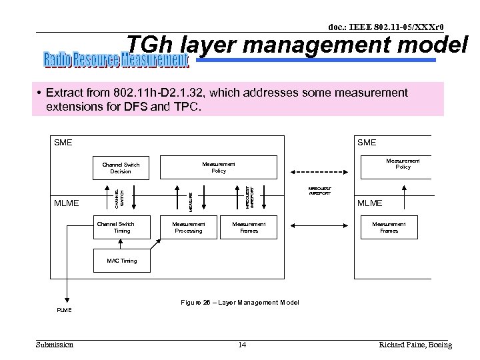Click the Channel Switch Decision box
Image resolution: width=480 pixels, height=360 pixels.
(121, 167)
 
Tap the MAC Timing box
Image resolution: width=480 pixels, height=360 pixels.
(121, 261)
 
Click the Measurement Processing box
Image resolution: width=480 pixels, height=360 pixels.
(189, 227)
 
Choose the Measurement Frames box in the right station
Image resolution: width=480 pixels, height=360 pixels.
(389, 227)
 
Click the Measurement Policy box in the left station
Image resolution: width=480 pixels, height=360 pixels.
(219, 167)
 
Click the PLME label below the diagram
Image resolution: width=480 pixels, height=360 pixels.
(64, 311)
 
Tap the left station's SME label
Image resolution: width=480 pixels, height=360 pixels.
(63, 143)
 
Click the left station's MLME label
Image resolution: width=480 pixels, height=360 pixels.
(67, 203)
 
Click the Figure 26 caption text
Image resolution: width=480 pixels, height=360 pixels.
(240, 303)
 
